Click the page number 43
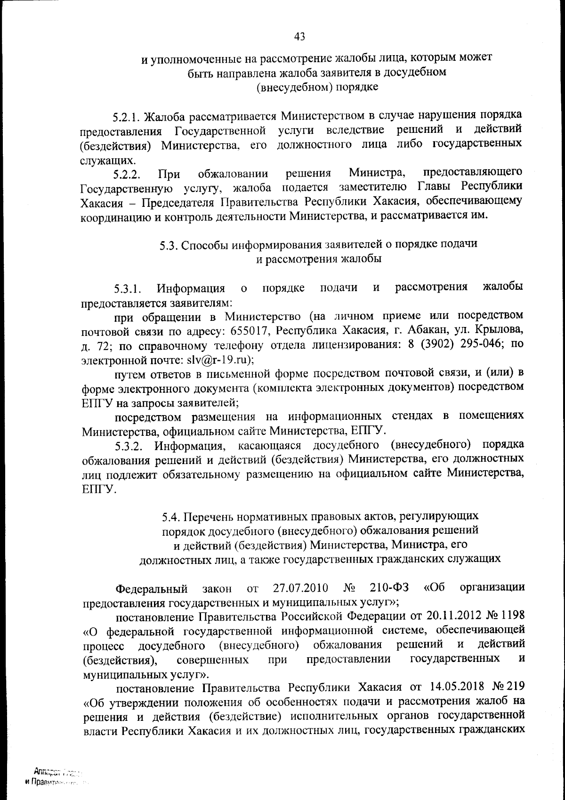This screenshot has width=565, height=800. coord(299,36)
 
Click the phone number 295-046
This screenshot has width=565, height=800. coord(484,343)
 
